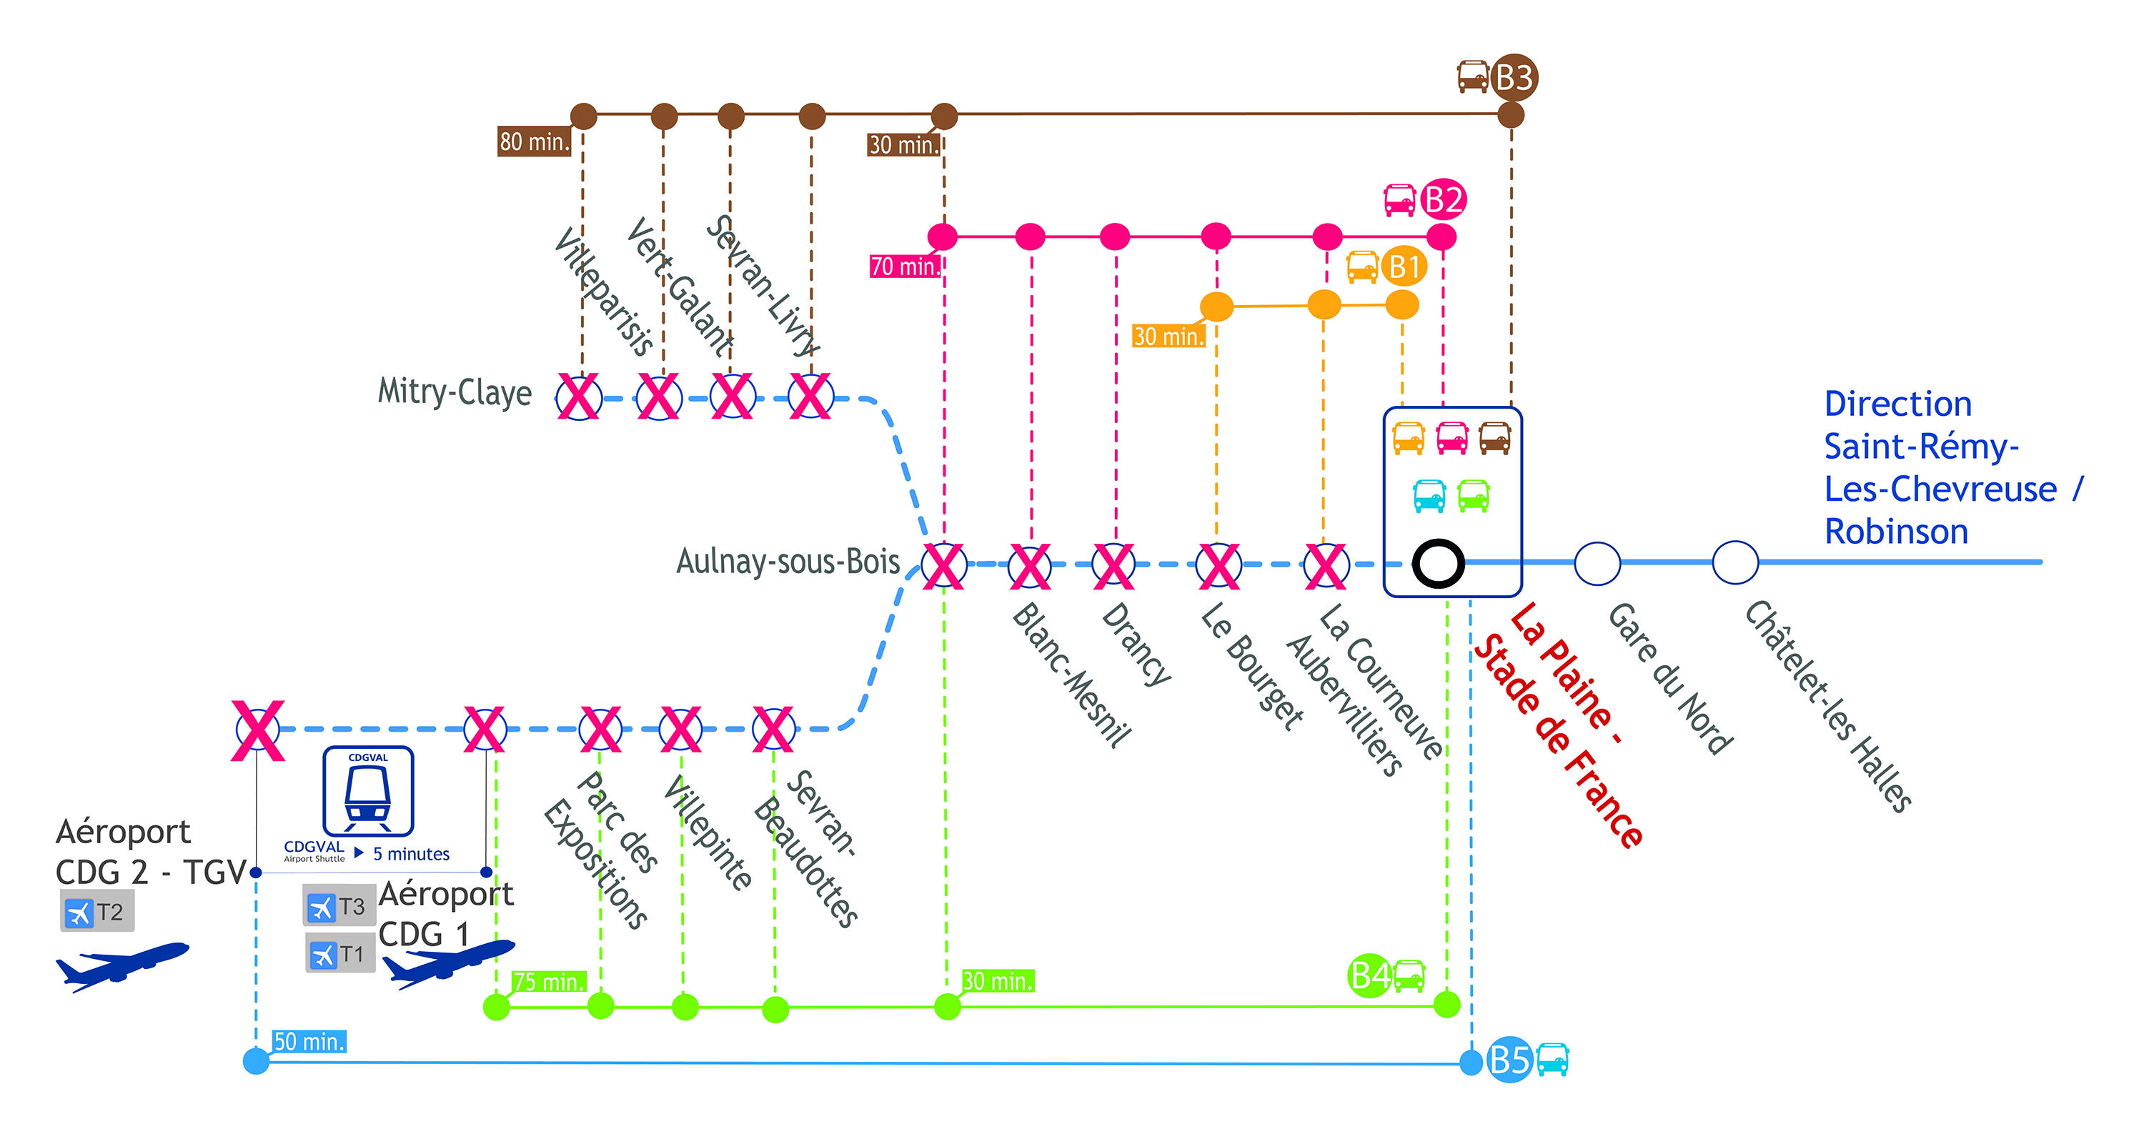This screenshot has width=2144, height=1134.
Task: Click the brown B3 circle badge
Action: (1514, 77)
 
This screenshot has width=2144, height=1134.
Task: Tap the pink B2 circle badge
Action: (1443, 199)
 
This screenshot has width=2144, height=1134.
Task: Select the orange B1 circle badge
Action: (1404, 267)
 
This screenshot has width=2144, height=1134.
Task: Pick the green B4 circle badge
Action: (1369, 975)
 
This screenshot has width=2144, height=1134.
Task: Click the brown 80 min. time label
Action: (535, 141)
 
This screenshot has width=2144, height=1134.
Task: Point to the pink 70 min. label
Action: (905, 267)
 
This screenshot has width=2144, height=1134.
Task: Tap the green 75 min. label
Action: (548, 982)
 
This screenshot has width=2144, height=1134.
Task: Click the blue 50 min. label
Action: (309, 1042)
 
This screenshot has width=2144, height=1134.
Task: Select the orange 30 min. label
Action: (1168, 336)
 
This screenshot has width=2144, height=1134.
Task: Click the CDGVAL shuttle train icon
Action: (368, 791)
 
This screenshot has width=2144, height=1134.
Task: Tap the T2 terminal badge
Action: (97, 911)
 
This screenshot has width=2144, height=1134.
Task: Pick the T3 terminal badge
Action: (339, 905)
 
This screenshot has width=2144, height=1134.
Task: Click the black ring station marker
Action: (1438, 563)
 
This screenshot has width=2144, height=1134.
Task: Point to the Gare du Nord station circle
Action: (1597, 563)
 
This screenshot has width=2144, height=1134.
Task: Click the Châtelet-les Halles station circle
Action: (1735, 562)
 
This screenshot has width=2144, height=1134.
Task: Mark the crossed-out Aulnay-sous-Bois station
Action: (944, 566)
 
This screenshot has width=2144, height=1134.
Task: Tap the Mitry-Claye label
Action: (455, 392)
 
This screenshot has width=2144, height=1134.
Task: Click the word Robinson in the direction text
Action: (1896, 532)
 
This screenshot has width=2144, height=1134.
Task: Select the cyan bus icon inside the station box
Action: (1430, 496)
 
